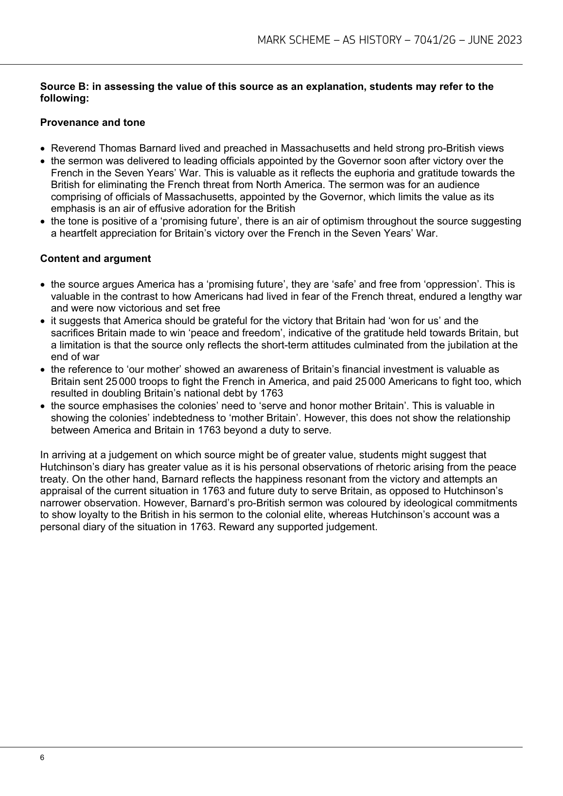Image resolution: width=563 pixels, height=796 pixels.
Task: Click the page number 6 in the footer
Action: coord(42,758)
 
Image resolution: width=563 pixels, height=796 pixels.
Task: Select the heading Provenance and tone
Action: coord(92,122)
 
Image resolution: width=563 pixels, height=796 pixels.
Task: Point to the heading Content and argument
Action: coord(95,259)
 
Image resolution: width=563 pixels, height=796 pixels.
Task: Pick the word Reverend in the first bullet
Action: coord(71,149)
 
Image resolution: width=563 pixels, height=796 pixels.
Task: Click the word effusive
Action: coord(149,209)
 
